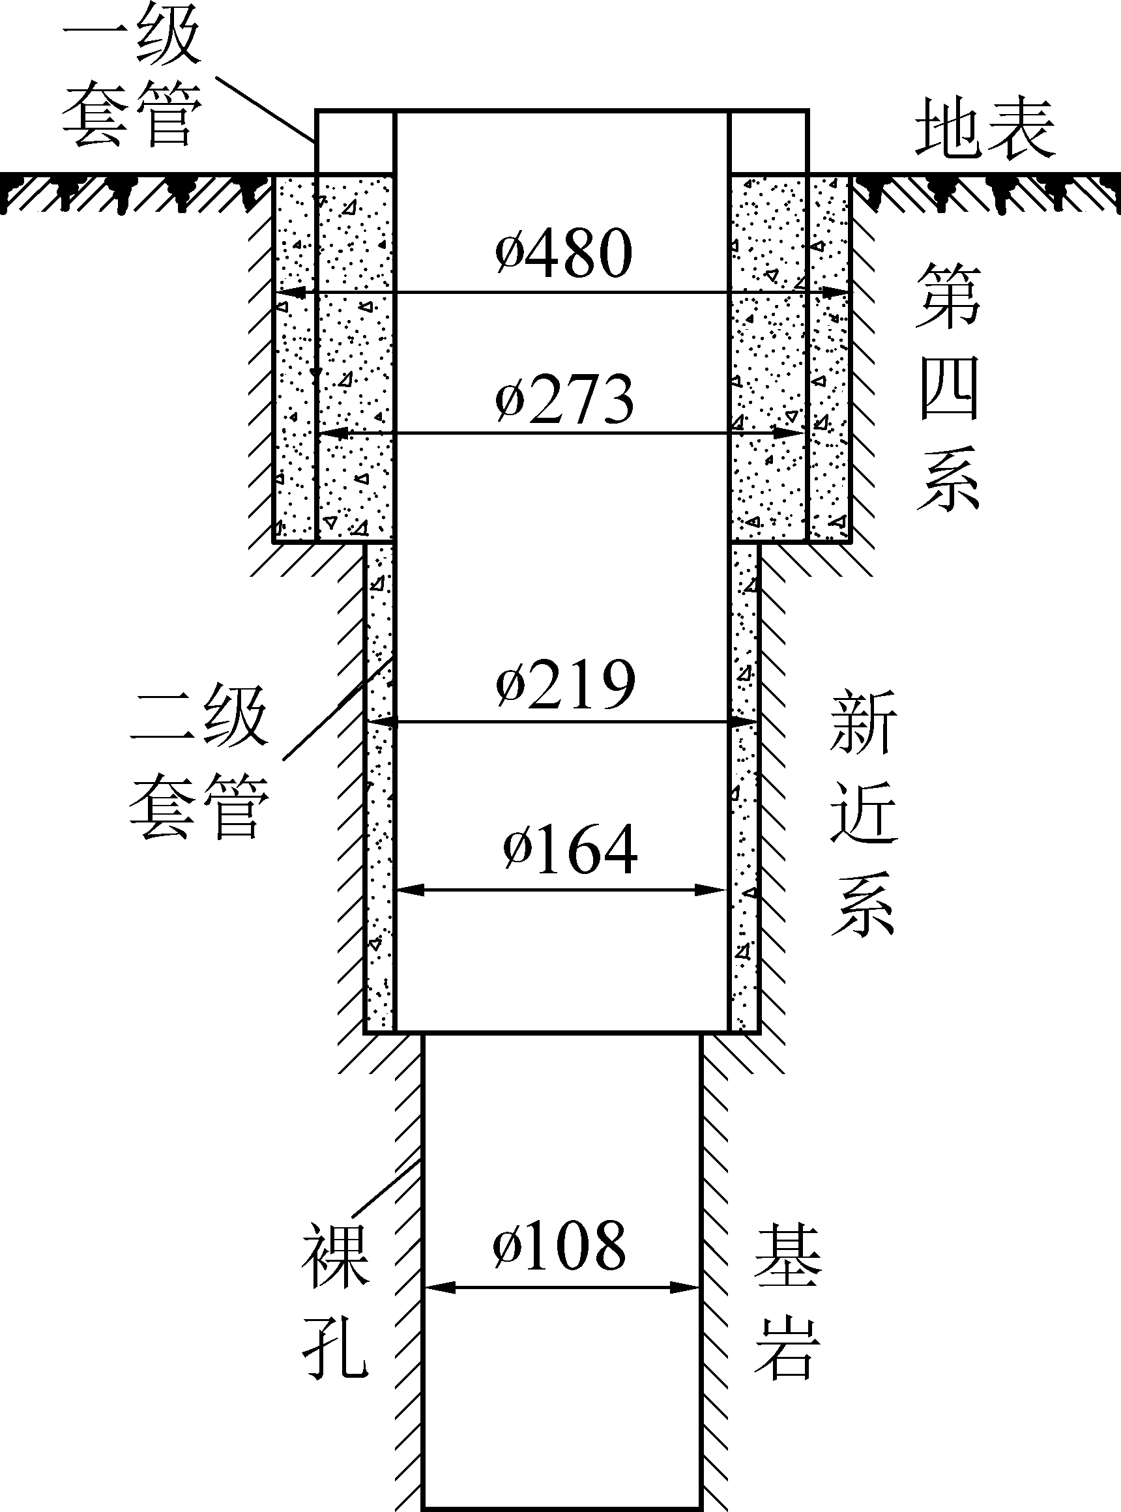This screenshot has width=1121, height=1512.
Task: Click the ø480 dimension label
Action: (564, 253)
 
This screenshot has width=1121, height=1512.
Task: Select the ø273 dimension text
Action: (564, 399)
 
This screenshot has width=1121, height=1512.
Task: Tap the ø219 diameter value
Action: (566, 684)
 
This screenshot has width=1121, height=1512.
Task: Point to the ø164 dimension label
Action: (570, 850)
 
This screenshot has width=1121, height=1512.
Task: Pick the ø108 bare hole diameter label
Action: (559, 1245)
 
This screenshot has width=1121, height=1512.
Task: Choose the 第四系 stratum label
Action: (948, 387)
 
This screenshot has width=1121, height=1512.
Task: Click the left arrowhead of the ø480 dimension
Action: (287, 293)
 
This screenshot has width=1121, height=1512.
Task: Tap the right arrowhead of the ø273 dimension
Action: (791, 432)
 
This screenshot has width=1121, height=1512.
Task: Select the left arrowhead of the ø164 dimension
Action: (410, 890)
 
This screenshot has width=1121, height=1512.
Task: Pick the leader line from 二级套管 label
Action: (338, 709)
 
